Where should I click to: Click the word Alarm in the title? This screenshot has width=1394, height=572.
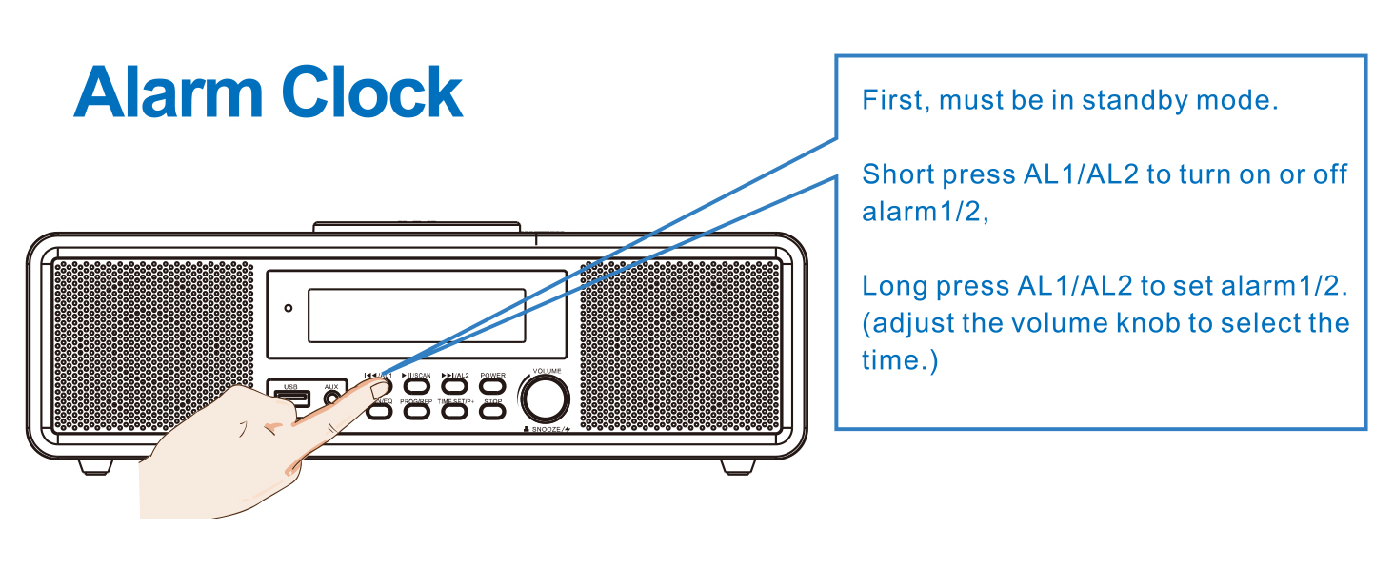169,93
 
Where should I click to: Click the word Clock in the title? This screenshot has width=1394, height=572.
372,93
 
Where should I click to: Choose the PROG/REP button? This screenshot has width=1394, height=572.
416,413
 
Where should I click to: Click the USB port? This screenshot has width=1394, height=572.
290,398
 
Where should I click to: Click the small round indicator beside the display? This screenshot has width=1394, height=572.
289,308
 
